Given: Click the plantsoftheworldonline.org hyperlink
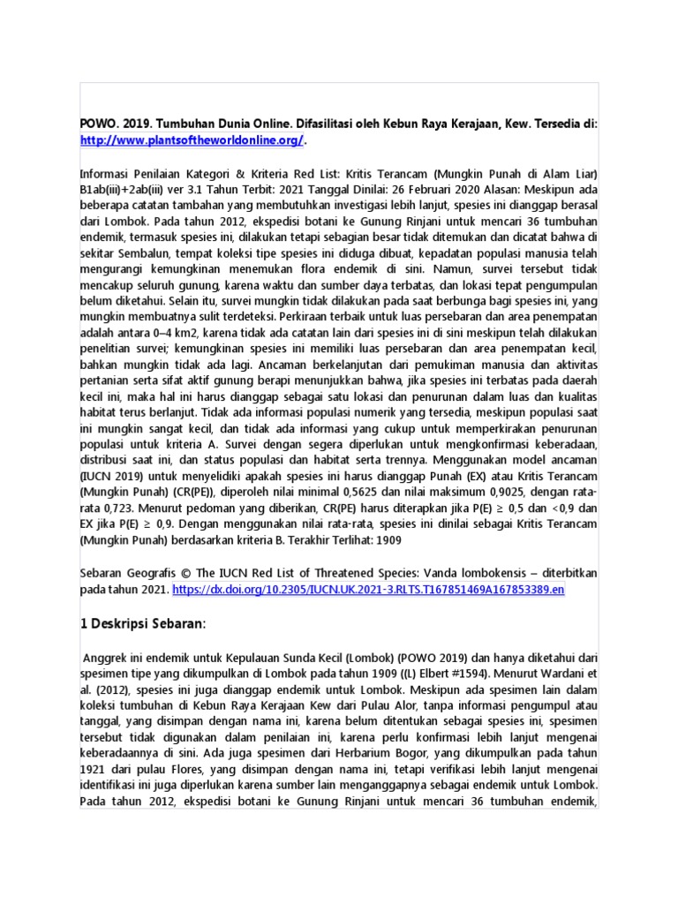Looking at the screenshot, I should point(192,140).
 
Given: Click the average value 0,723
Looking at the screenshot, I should point(124,508).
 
